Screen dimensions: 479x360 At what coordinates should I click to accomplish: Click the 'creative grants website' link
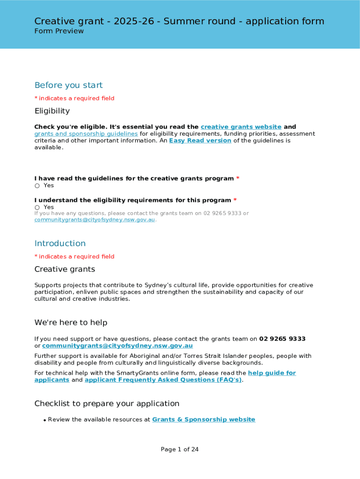click(241, 127)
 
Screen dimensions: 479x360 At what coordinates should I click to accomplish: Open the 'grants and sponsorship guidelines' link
click(86, 134)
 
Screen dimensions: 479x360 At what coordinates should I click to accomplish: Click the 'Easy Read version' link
click(200, 140)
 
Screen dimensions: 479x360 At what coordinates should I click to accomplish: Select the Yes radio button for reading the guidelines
click(37, 186)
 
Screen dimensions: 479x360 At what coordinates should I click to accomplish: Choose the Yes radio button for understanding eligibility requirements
click(37, 207)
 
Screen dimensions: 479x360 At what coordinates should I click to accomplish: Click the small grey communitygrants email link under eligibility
click(94, 220)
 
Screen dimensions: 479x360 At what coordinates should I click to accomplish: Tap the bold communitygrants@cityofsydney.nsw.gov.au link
click(117, 346)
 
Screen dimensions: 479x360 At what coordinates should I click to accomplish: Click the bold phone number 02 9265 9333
click(282, 339)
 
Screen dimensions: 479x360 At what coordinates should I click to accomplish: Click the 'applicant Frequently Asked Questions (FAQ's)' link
click(163, 380)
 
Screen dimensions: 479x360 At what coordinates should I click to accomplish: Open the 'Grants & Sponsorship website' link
click(204, 420)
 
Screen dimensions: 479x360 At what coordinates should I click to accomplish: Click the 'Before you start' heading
click(68, 85)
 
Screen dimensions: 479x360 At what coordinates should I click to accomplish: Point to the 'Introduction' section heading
click(60, 243)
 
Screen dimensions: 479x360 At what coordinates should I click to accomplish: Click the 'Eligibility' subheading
click(52, 111)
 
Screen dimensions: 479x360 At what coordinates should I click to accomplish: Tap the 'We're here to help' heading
click(71, 323)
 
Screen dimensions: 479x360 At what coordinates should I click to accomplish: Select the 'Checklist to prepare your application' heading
click(107, 404)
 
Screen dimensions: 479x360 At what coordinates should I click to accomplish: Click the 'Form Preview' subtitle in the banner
click(59, 31)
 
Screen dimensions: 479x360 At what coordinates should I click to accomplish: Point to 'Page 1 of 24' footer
click(180, 450)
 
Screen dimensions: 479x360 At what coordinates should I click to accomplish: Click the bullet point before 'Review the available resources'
click(44, 421)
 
